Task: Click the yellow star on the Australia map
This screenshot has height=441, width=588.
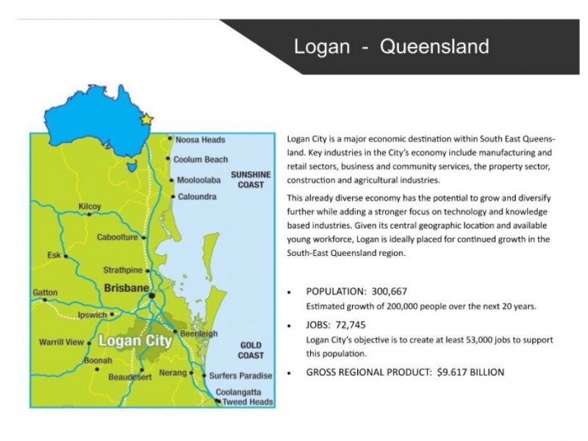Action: click(147, 119)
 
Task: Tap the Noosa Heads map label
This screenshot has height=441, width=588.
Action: click(200, 139)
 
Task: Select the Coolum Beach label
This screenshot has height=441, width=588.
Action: click(201, 159)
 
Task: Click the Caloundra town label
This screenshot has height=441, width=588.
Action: click(197, 197)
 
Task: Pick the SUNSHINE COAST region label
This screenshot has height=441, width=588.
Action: click(251, 180)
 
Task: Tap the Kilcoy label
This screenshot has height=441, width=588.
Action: click(90, 207)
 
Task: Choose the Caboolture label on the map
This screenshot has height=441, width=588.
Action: click(117, 237)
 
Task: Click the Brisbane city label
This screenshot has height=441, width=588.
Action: click(126, 288)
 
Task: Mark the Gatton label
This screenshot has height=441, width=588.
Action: click(45, 293)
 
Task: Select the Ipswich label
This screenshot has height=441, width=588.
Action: click(92, 315)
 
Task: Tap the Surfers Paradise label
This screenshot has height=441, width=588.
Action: click(240, 376)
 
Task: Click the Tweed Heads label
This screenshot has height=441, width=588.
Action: click(248, 402)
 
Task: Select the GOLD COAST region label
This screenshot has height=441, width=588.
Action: click(251, 351)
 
